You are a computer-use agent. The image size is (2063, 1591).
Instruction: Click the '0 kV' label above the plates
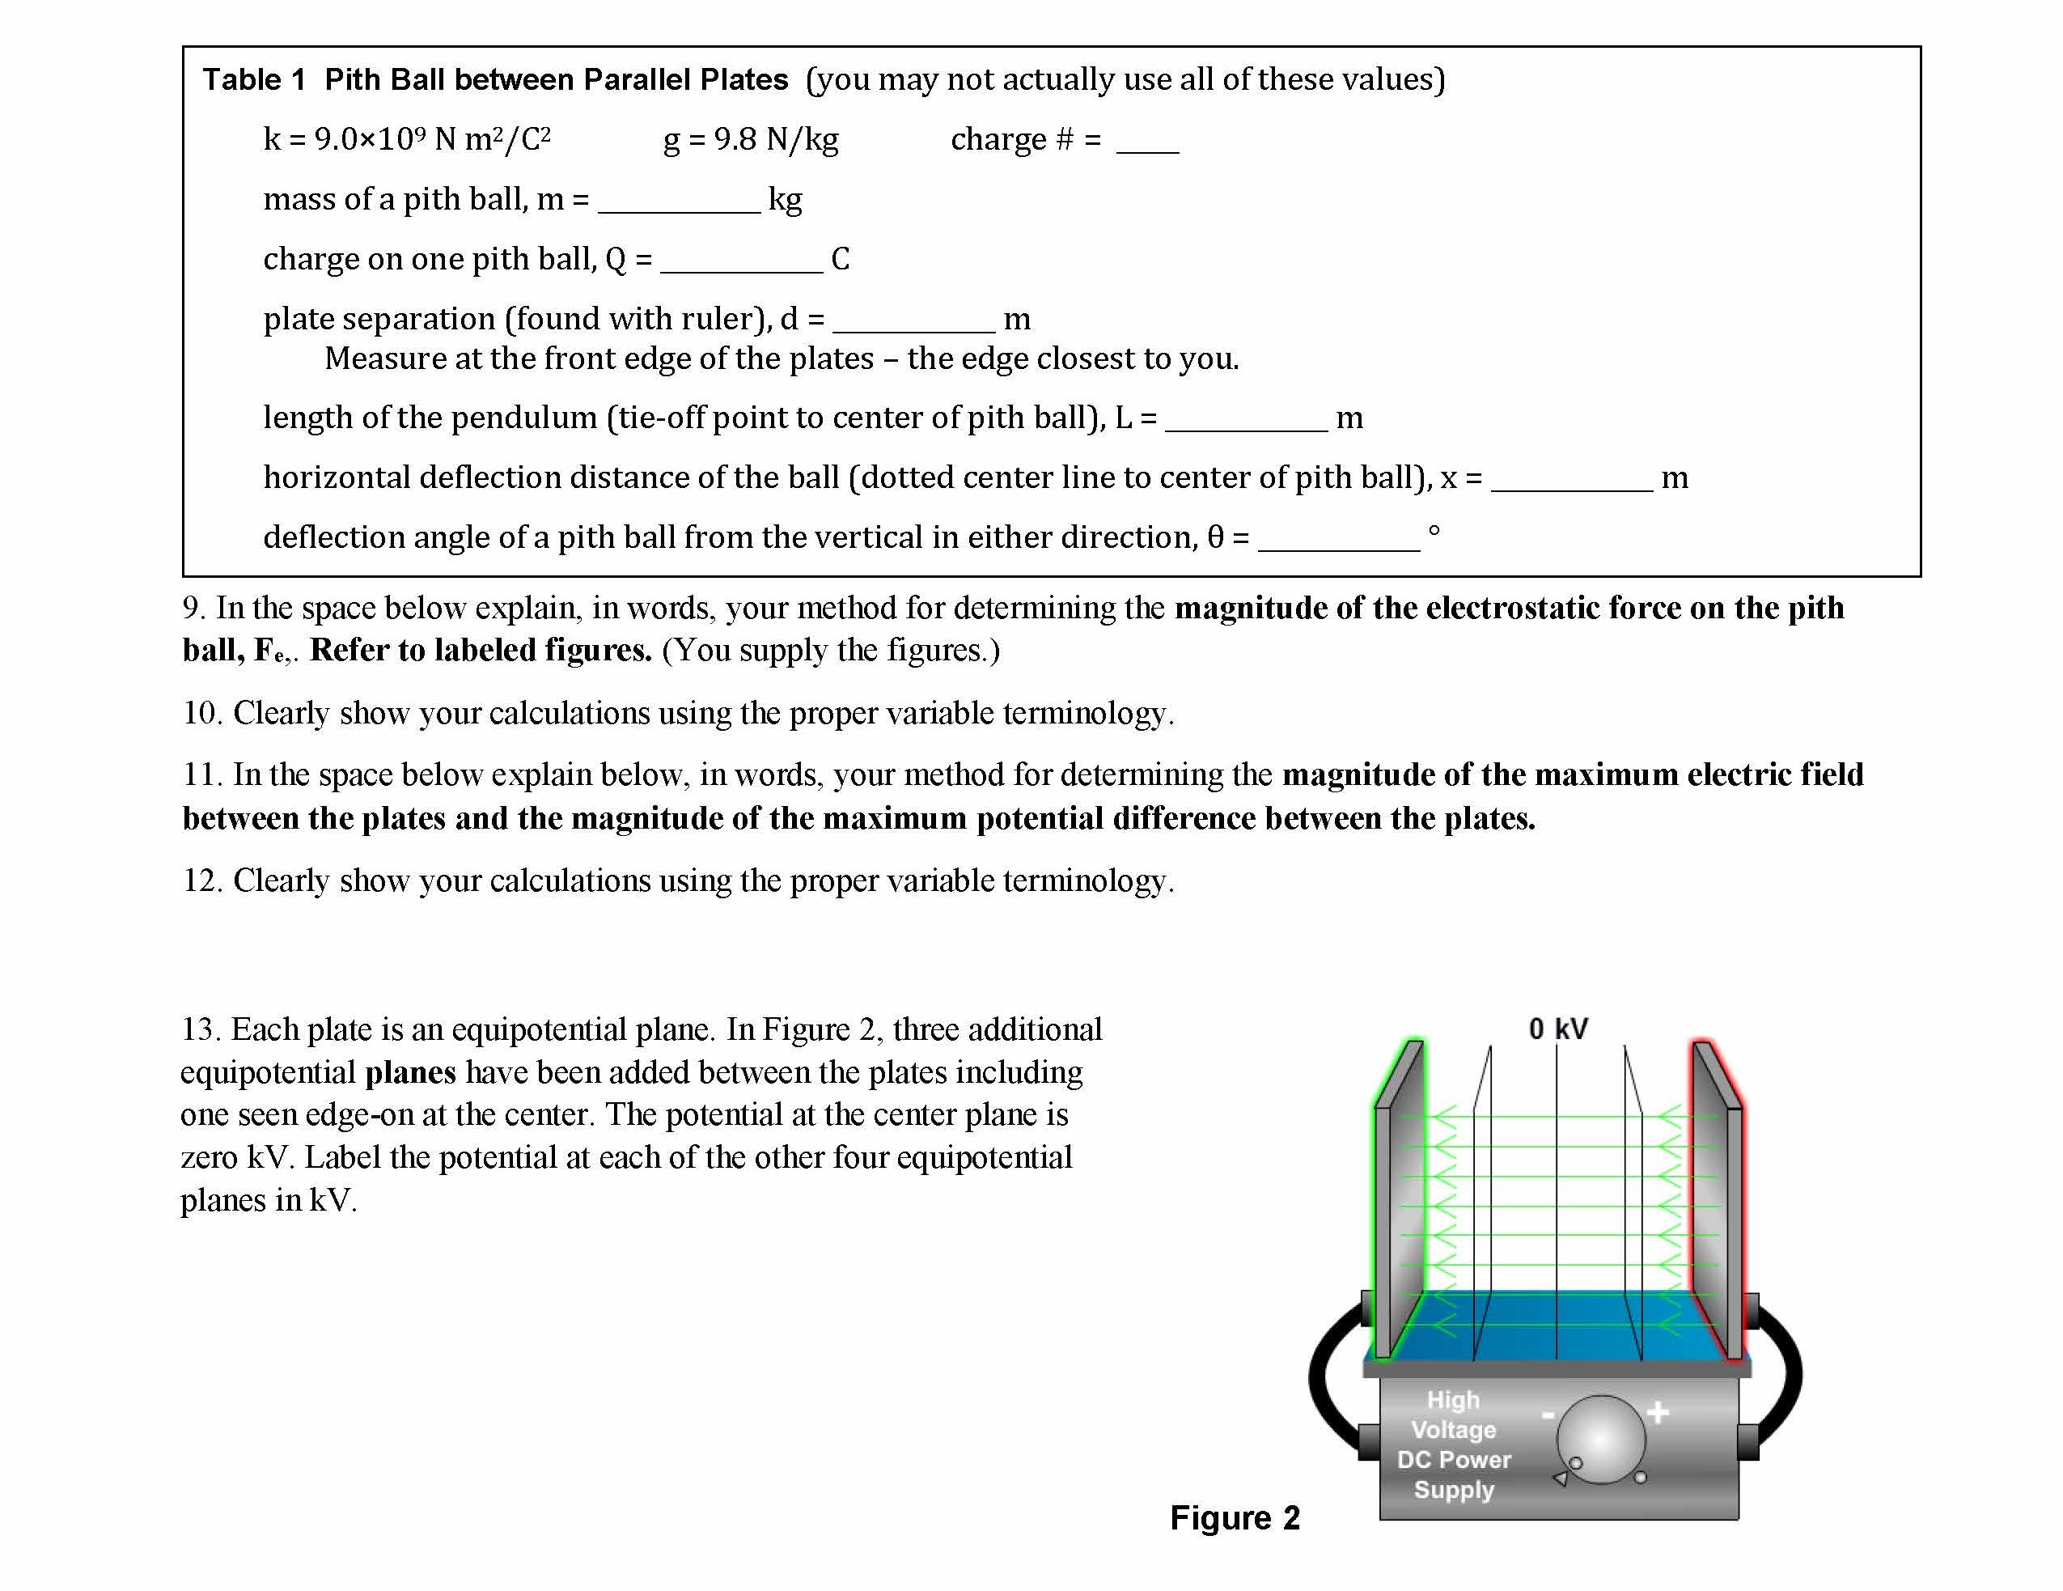coord(1557,1029)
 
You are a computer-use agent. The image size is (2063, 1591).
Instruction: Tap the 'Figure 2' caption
coord(1235,1517)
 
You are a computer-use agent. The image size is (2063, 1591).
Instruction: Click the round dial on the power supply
coord(1600,1440)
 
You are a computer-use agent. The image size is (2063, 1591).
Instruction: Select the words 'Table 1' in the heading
coord(253,79)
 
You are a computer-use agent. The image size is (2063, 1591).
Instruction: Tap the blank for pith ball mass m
coord(678,202)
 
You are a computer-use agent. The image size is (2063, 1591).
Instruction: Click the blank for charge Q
coord(742,261)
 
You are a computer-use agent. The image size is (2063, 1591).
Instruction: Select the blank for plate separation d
coord(913,321)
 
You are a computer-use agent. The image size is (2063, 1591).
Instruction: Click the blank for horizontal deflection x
coord(1572,480)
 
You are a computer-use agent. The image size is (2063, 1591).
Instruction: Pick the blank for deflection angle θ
coord(1338,540)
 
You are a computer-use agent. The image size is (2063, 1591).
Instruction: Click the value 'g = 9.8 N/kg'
coord(751,140)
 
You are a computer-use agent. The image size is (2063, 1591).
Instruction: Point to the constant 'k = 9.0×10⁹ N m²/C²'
coord(407,140)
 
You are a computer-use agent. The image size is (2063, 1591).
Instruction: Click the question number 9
coord(192,608)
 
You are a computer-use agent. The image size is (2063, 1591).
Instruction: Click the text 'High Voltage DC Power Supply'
coord(1453,1444)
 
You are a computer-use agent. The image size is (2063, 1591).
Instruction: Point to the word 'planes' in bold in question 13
coord(410,1072)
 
